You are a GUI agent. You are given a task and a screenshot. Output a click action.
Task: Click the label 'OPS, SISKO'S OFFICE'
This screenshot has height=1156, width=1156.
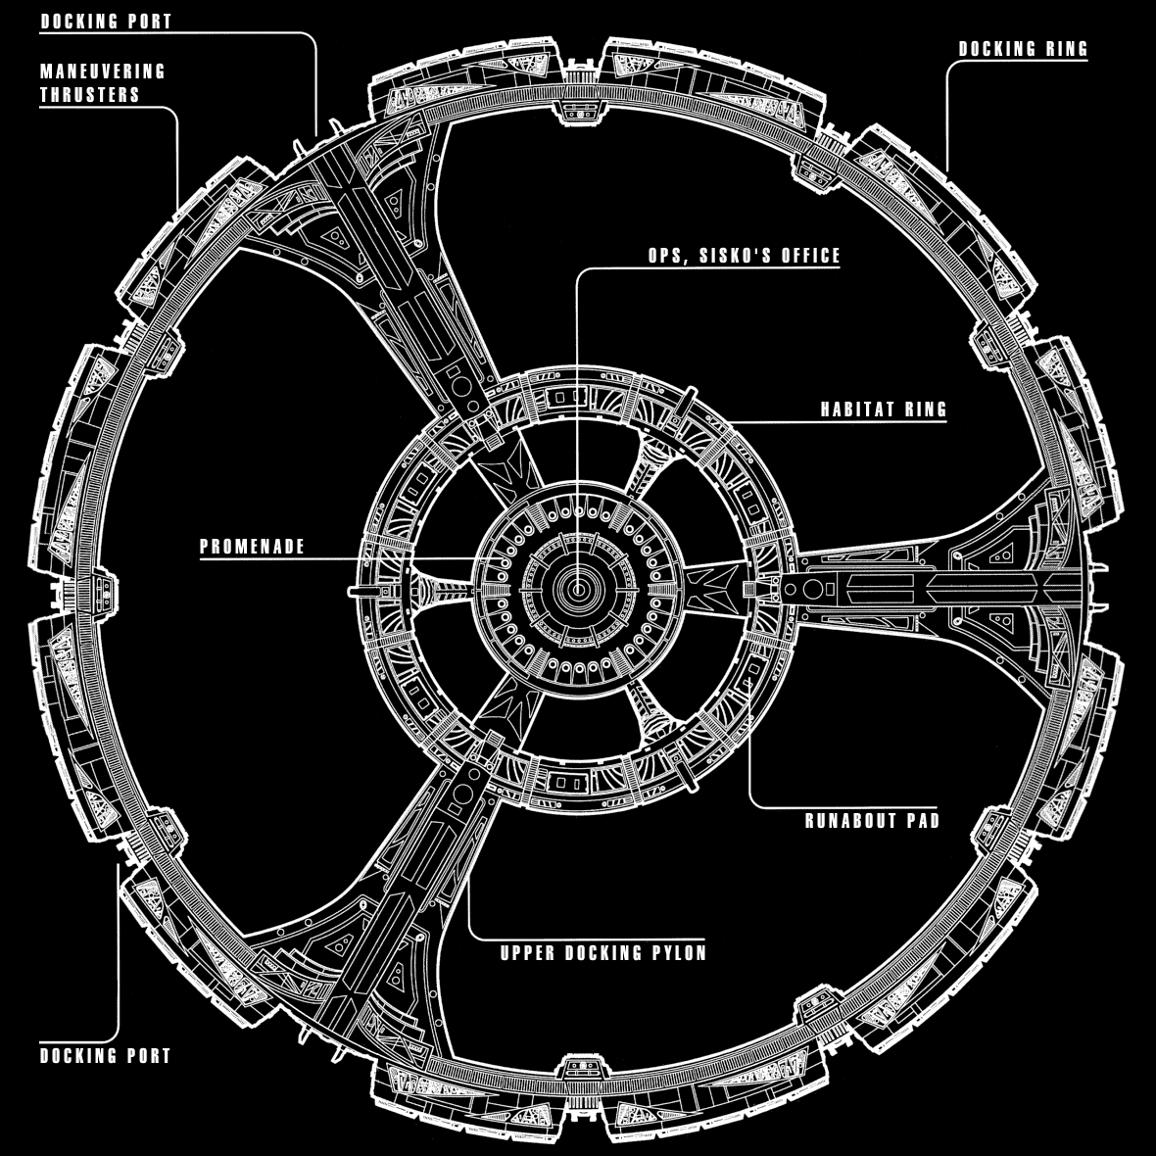744,256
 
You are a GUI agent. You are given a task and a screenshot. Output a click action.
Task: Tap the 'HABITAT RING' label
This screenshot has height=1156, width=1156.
884,409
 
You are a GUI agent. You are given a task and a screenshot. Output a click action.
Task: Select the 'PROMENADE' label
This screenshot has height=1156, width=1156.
253,547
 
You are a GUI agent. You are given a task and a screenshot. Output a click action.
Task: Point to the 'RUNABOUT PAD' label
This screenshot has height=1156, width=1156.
872,820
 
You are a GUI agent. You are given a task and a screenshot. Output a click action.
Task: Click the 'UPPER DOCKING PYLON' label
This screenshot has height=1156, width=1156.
602,953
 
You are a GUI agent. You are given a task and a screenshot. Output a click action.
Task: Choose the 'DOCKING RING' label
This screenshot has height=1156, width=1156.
1023,49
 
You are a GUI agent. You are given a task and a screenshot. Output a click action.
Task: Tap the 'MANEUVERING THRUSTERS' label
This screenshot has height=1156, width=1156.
103,83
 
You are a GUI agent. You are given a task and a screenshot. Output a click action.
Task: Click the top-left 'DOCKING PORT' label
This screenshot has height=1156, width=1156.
106,21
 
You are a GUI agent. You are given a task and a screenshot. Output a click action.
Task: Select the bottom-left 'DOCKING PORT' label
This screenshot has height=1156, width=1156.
106,1056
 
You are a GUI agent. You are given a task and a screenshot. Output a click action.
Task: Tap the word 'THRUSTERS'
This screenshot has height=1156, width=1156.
90,95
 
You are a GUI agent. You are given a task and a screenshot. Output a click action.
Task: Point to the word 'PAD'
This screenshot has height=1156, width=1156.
921,820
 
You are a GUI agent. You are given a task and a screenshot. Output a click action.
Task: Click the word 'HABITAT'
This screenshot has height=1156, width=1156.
856,409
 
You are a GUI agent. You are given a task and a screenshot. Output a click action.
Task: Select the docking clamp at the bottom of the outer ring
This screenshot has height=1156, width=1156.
578,1069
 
